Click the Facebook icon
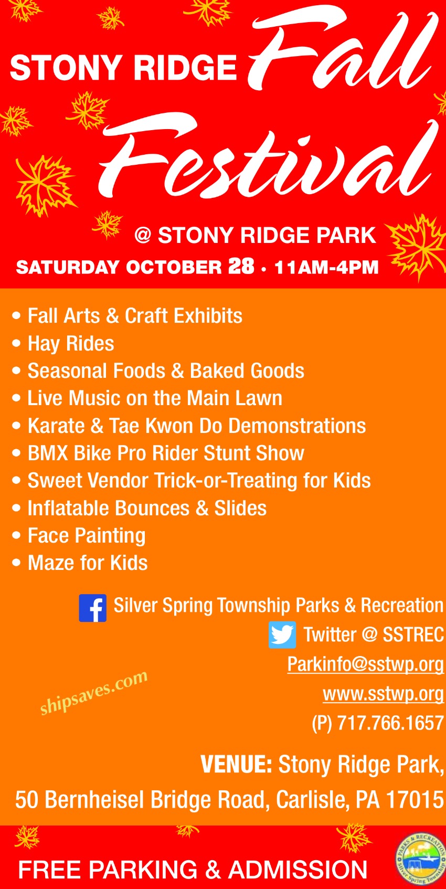point(92,608)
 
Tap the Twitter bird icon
point(282,635)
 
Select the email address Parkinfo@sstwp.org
point(365,664)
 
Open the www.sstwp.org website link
point(384,694)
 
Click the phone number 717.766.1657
point(390,723)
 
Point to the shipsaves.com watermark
point(94,692)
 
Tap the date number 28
point(241,266)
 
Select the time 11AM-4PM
point(326,267)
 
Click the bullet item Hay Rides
point(71,344)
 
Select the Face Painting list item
point(87,536)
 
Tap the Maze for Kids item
point(88,563)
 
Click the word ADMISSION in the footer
point(298,870)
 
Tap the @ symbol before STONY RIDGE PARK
point(143,235)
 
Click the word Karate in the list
point(56,426)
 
